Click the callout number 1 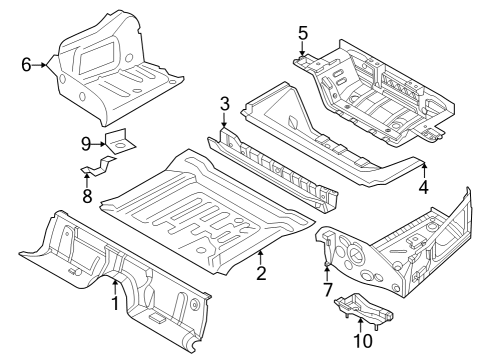click(x=115, y=302)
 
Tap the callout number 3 click(x=225, y=104)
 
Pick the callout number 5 click(x=302, y=33)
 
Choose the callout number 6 click(x=26, y=65)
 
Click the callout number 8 click(x=87, y=196)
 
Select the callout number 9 click(x=87, y=144)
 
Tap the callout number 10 click(x=362, y=341)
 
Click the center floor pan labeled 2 click(x=210, y=205)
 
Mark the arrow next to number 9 click(x=105, y=145)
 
